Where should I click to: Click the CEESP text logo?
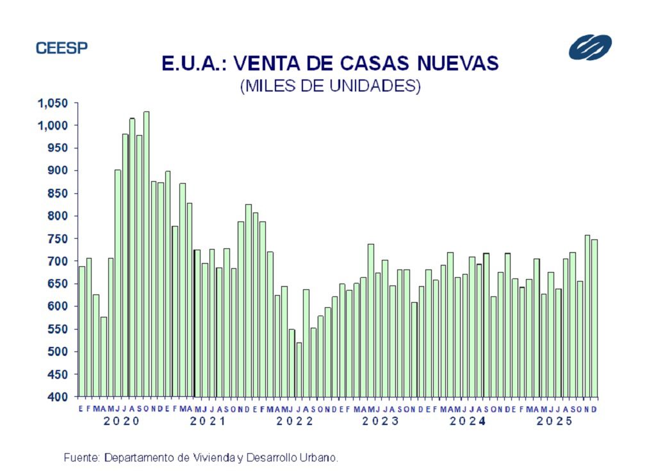(61, 48)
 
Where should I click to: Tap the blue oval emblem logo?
(589, 47)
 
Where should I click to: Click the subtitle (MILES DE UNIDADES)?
(330, 86)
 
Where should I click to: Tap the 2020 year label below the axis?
(122, 421)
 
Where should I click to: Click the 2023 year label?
(381, 421)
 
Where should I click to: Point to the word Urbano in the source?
(318, 458)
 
